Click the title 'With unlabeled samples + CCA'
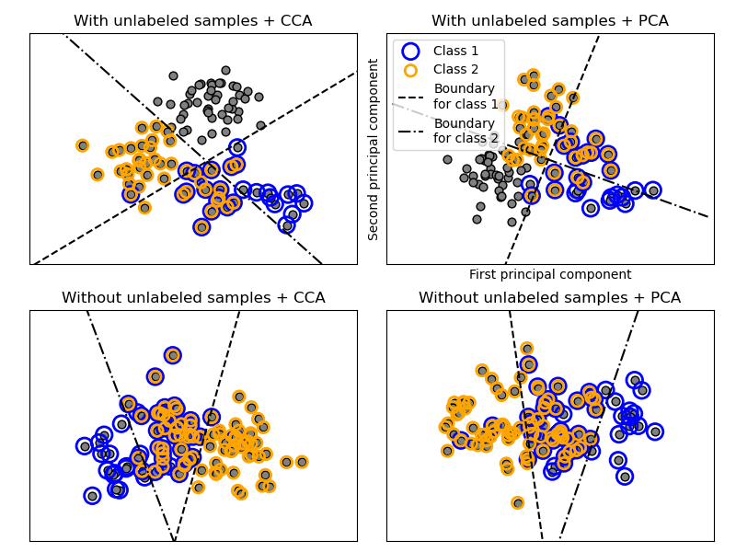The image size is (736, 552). (x=192, y=20)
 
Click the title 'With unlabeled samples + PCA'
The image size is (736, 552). (x=549, y=20)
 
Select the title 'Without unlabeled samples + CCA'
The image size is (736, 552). (x=192, y=297)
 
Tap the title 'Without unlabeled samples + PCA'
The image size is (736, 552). (x=549, y=297)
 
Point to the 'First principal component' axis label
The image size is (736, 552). (x=550, y=274)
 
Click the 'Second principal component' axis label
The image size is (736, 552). (x=374, y=149)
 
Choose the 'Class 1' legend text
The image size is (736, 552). (x=456, y=52)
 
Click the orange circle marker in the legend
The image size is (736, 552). (x=410, y=70)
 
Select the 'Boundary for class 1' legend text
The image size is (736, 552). (x=465, y=96)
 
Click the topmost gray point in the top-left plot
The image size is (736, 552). (x=173, y=75)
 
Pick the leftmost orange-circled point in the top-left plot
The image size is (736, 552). (x=83, y=145)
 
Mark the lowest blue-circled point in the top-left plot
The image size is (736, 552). (x=201, y=227)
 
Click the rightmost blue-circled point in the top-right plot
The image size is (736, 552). (x=653, y=190)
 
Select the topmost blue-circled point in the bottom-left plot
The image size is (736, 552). (x=173, y=355)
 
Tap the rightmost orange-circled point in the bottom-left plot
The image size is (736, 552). (x=301, y=462)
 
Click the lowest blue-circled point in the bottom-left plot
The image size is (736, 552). (x=92, y=496)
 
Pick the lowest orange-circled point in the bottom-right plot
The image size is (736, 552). (x=518, y=502)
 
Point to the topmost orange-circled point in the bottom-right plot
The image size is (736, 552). (x=526, y=349)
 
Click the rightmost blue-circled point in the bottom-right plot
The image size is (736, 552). (x=655, y=431)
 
